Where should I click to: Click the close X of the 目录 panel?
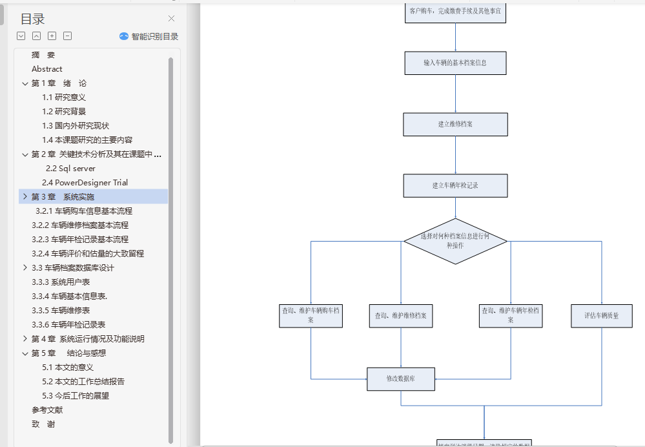tap(171, 19)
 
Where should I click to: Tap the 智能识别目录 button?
tap(149, 37)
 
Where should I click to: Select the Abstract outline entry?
tap(47, 69)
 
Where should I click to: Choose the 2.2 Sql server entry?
tap(70, 169)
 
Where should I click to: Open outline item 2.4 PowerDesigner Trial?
tap(85, 183)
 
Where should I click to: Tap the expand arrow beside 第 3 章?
tap(25, 196)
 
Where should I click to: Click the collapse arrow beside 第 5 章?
tap(25, 353)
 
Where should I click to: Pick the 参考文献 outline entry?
tap(47, 410)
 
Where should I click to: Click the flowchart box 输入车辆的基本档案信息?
tap(455, 63)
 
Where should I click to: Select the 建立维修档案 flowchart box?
tap(455, 124)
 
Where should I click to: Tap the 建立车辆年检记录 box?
tap(455, 185)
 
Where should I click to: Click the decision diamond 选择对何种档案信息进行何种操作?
tap(455, 241)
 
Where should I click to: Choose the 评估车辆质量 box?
tap(601, 316)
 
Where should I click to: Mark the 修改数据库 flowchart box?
tap(401, 379)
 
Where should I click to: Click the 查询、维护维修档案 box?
tap(401, 316)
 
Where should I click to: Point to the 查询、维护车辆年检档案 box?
tap(511, 315)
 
